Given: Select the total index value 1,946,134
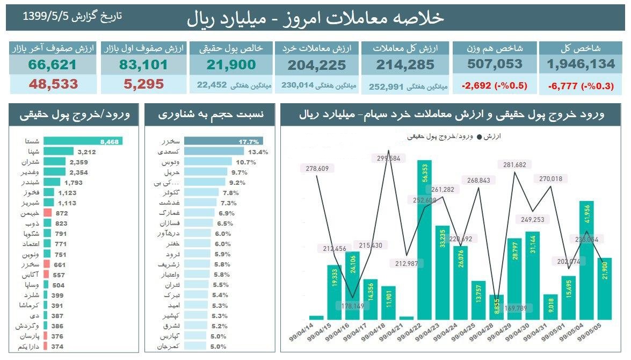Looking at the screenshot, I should tap(581, 64).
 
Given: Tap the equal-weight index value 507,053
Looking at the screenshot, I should tap(495, 64).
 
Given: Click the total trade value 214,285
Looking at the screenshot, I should tap(406, 65).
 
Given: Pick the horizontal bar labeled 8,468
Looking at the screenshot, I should tap(83, 141).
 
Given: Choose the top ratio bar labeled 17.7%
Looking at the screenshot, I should tap(223, 141).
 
